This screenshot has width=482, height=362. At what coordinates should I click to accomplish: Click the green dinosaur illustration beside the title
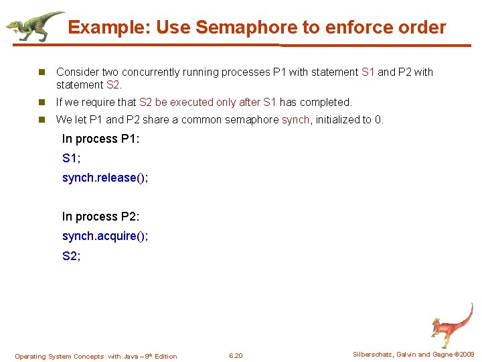click(x=33, y=26)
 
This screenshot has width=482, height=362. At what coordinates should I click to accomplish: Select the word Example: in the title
click(x=109, y=27)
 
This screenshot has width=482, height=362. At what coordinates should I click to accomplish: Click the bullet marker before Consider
click(x=42, y=72)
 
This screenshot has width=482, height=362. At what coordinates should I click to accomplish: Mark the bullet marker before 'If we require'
click(x=42, y=103)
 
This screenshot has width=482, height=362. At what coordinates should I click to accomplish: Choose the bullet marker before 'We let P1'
click(x=42, y=120)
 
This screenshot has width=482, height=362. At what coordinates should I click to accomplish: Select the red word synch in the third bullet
click(x=295, y=120)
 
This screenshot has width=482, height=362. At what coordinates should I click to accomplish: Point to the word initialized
click(x=338, y=120)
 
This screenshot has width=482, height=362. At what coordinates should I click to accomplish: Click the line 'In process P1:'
click(x=100, y=139)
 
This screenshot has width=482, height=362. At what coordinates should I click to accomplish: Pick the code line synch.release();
click(x=105, y=178)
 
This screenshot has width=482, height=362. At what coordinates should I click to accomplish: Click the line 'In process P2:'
click(x=100, y=217)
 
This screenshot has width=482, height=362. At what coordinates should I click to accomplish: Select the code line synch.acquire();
click(x=105, y=237)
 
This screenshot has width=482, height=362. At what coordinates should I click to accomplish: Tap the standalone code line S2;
click(x=71, y=256)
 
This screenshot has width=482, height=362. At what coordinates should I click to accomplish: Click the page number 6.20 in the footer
click(x=236, y=356)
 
